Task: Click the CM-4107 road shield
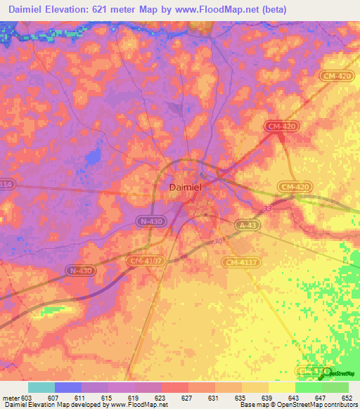146,261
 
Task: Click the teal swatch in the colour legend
41,387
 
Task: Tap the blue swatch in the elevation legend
68,387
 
